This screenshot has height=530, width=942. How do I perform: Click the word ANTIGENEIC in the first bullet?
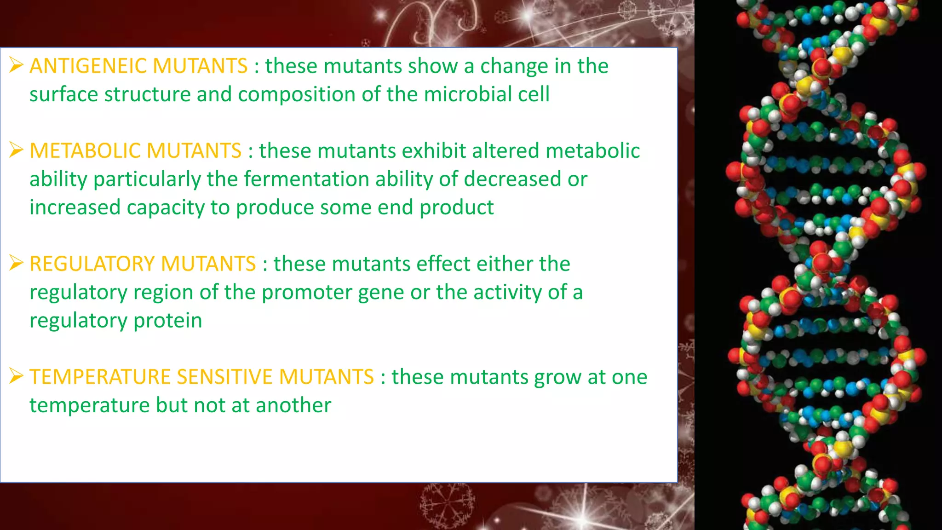coord(87,66)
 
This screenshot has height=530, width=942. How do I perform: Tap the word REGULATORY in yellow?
coord(92,264)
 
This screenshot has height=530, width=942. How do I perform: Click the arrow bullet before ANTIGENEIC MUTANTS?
coord(16,65)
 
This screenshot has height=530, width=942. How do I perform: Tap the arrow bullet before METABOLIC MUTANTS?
coord(16,150)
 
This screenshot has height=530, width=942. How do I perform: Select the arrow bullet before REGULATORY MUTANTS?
coord(16,263)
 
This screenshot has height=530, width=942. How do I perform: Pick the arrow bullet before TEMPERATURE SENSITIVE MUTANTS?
coord(16,376)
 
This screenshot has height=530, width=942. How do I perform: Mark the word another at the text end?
coord(293,406)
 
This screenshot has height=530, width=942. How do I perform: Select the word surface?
coord(63,94)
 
